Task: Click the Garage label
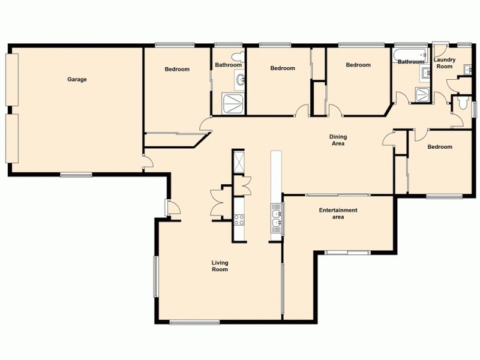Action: (x=77, y=79)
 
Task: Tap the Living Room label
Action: (x=220, y=266)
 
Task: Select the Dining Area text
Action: (x=338, y=140)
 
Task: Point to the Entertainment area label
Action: (x=338, y=214)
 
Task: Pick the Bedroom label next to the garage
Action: (x=177, y=69)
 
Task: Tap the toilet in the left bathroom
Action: (x=239, y=57)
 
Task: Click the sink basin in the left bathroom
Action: (x=240, y=79)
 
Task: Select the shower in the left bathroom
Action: (x=233, y=103)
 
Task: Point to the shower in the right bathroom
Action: (x=423, y=94)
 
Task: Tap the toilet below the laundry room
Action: (x=461, y=104)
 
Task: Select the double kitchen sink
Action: (x=276, y=218)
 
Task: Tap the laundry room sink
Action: (x=425, y=73)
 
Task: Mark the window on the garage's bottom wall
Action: (x=76, y=175)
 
